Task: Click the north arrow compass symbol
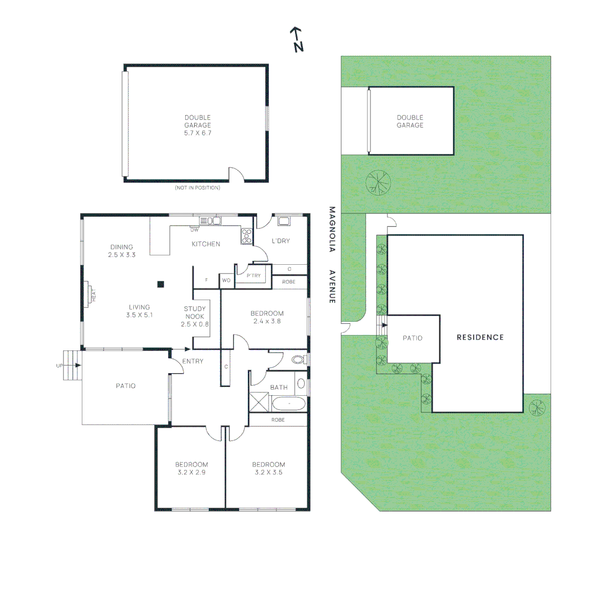[297, 39]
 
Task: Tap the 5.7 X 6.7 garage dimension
[198, 133]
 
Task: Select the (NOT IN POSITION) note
[197, 188]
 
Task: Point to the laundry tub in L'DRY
[284, 222]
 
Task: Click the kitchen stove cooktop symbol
[247, 236]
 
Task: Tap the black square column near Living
[161, 284]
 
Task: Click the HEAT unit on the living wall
[90, 295]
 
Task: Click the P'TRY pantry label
[254, 276]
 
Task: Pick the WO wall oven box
[226, 281]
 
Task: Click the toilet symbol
[297, 360]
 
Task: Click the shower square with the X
[259, 401]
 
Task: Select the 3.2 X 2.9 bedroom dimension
[191, 473]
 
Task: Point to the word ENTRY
[192, 362]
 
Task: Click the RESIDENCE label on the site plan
[480, 337]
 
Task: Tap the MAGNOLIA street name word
[332, 229]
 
